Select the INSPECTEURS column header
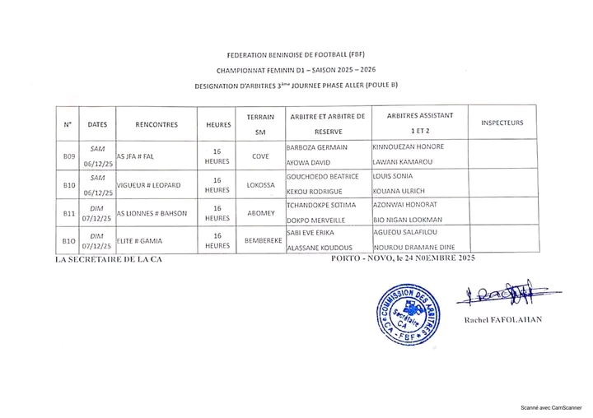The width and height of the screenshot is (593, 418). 502,123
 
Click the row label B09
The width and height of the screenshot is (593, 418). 69,156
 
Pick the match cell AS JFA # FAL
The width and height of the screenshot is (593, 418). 136,156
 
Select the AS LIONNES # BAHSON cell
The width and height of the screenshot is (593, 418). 152,213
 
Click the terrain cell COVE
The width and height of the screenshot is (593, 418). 259,156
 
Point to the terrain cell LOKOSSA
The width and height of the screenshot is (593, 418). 259,185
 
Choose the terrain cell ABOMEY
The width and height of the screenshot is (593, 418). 259,213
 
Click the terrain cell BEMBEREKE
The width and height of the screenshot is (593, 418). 259,240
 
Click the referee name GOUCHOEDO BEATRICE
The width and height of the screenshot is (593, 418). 322,176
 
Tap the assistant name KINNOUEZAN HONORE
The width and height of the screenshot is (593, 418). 409,147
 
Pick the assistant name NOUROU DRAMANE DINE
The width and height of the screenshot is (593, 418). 414,247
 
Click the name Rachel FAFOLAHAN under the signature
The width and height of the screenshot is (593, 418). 503,318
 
